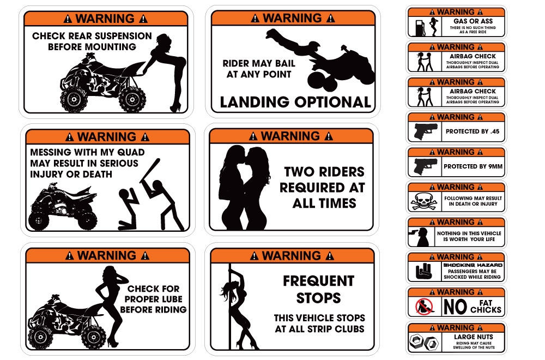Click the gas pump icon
click(x=420, y=27)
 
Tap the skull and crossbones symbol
click(x=424, y=201)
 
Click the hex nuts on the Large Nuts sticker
click(x=424, y=342)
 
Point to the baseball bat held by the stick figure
click(x=150, y=170)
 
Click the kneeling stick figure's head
click(x=124, y=194)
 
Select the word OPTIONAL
click(x=332, y=102)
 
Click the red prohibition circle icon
click(x=424, y=307)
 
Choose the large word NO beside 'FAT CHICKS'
click(x=455, y=307)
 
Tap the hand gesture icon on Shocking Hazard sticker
click(x=423, y=271)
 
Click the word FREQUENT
click(x=319, y=281)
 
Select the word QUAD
click(x=131, y=152)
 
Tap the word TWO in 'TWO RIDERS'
click(x=299, y=172)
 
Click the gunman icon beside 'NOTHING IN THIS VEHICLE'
click(x=420, y=237)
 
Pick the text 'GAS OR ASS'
click(x=473, y=21)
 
